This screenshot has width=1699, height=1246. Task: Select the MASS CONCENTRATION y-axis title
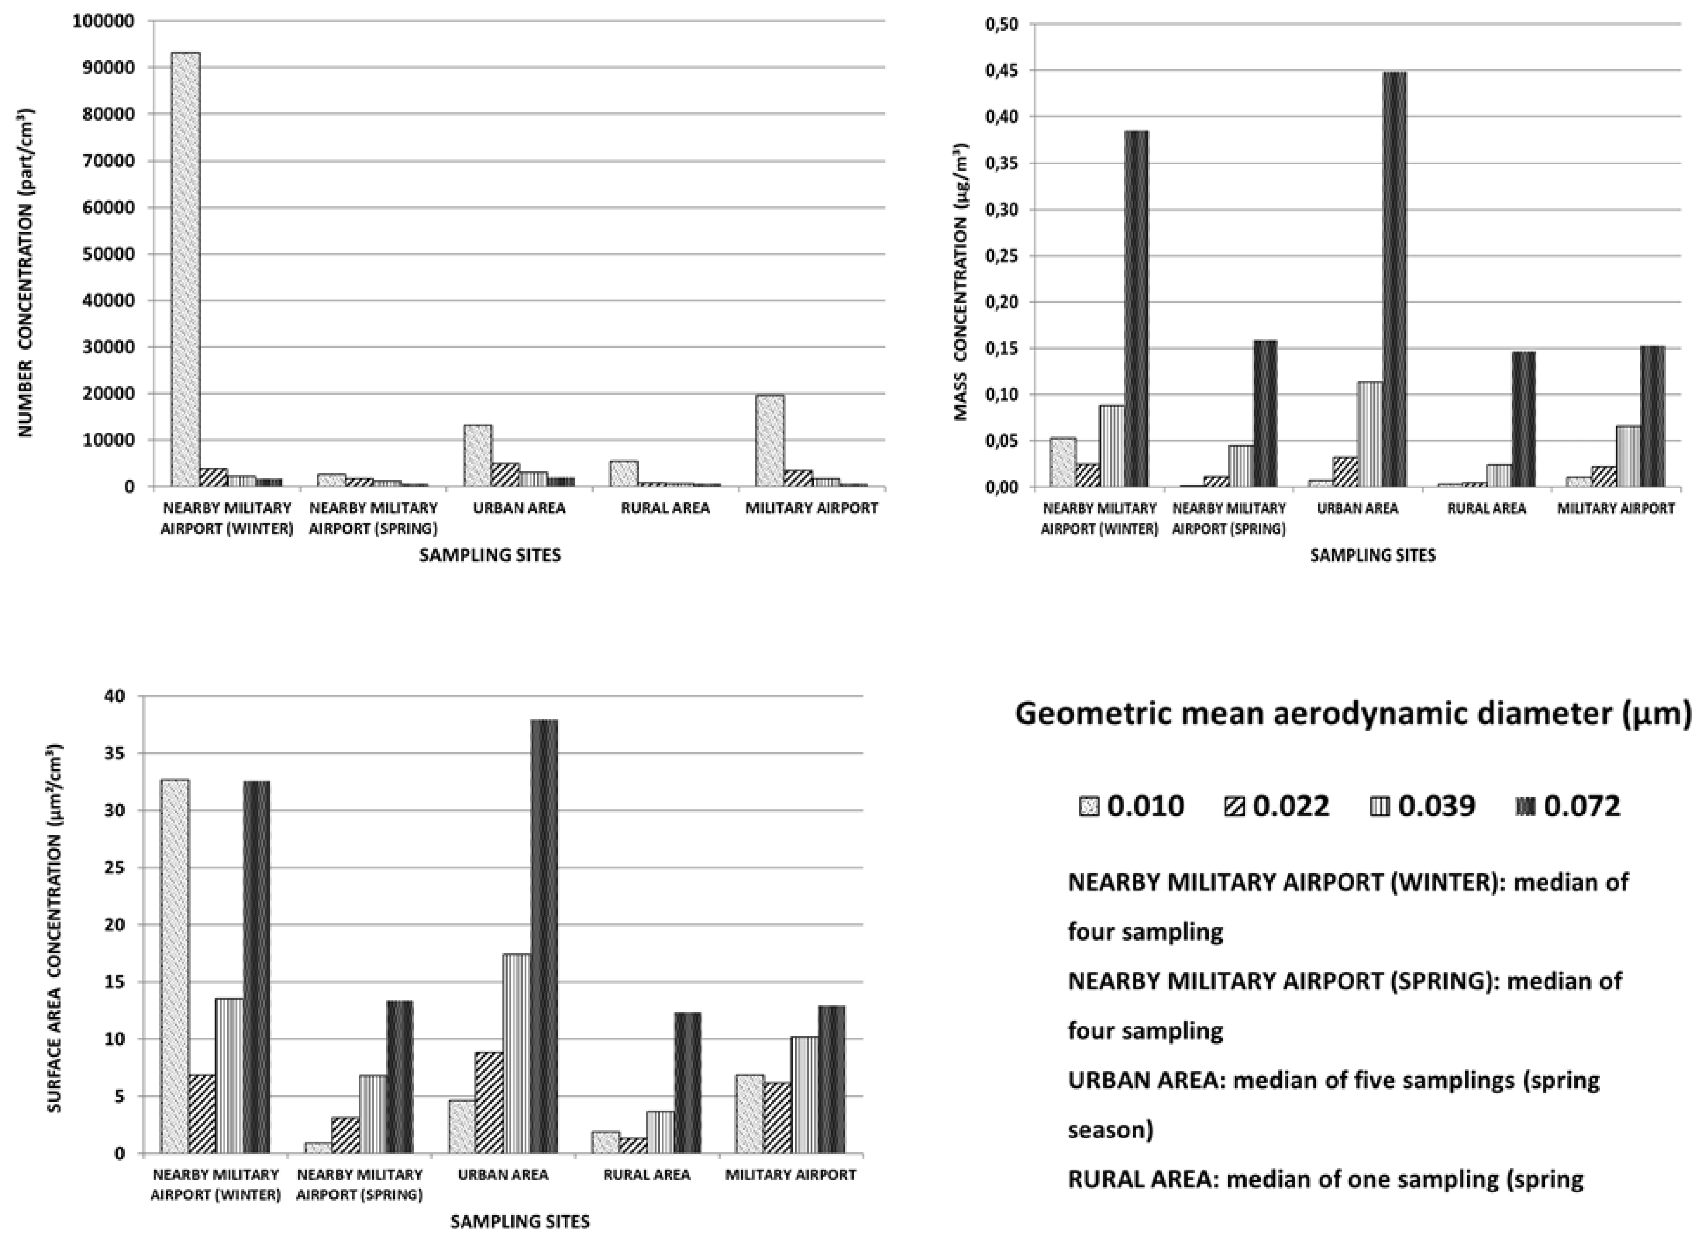[x=960, y=280]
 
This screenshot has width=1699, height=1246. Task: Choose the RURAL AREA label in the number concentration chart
[x=665, y=508]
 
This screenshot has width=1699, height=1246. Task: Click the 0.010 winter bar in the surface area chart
[x=175, y=966]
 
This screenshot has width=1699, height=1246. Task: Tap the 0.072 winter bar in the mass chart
[x=1136, y=309]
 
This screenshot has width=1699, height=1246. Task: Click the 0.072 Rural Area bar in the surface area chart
[x=687, y=1083]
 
